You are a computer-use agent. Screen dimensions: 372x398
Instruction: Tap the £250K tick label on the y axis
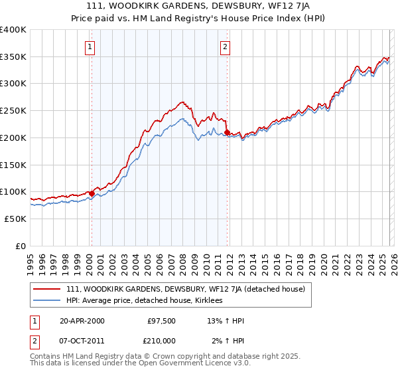click(13, 111)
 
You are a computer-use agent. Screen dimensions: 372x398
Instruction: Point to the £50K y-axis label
click(15, 219)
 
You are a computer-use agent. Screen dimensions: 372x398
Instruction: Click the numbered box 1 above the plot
click(90, 46)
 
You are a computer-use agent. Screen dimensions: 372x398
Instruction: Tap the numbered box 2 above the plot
click(226, 46)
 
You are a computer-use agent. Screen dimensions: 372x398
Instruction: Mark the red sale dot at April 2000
click(92, 193)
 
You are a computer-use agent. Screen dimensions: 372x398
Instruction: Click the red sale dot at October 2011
click(227, 133)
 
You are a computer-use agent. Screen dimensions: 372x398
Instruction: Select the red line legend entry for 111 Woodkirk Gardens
click(186, 289)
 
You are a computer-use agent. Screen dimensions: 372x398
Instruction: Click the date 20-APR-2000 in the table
click(82, 321)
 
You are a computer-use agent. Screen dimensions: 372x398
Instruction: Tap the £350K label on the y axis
click(13, 57)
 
